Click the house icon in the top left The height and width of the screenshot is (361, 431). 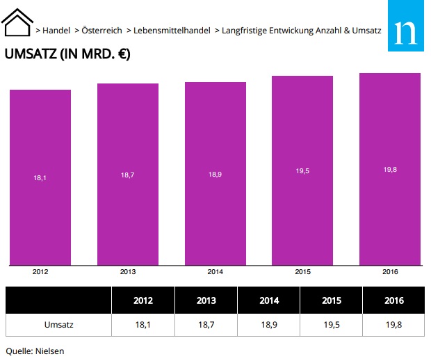[x=17, y=22]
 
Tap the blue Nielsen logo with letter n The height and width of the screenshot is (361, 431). [x=405, y=29]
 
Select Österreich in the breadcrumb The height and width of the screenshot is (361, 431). [x=101, y=31]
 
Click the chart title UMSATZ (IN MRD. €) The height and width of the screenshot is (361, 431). [x=67, y=54]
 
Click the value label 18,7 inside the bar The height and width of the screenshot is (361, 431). [x=128, y=175]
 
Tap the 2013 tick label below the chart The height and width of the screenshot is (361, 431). [x=128, y=271]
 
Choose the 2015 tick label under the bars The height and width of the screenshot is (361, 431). [x=302, y=271]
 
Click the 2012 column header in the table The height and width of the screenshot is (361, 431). [x=143, y=300]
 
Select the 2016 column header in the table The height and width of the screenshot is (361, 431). [x=393, y=300]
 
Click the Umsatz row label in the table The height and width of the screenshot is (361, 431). [x=58, y=324]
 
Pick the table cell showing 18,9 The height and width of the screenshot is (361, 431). [x=268, y=324]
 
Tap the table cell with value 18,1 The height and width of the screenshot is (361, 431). [x=143, y=324]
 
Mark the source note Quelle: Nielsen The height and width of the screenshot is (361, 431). [x=35, y=351]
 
